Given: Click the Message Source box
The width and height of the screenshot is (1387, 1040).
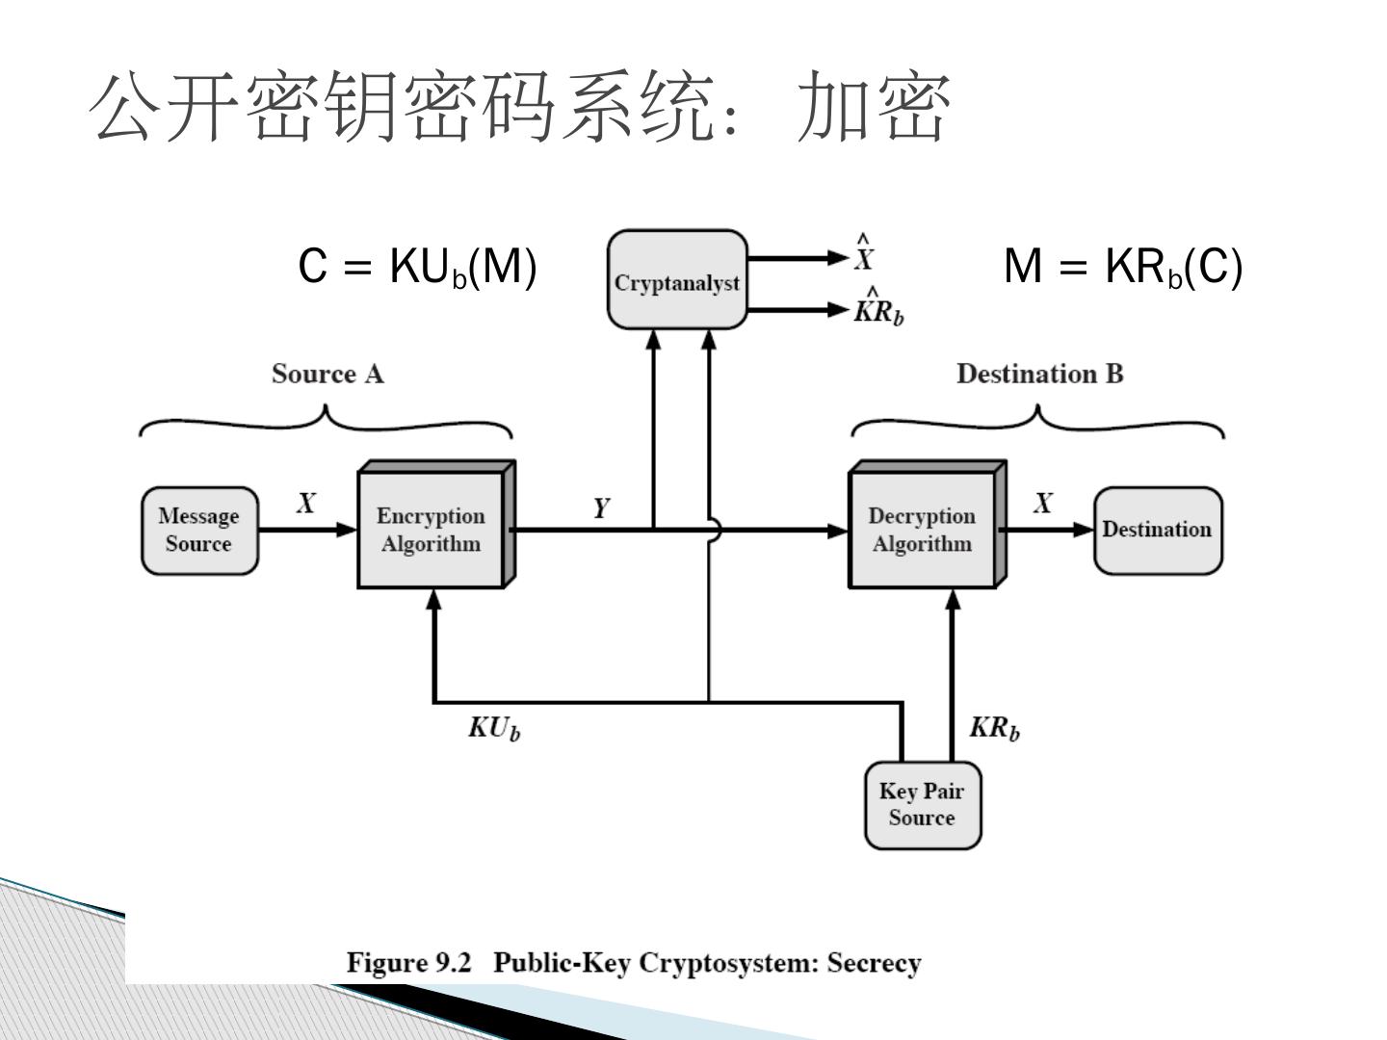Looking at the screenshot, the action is (x=199, y=531).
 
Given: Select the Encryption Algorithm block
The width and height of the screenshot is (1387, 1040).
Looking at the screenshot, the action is (x=436, y=525).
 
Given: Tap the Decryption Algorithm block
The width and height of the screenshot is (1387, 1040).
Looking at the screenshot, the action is (x=927, y=525).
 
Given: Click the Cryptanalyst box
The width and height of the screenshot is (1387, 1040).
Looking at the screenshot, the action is (x=677, y=279).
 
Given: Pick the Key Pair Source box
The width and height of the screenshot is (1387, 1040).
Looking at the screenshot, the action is (x=923, y=805).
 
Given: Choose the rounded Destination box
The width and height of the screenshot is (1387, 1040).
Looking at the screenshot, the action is (x=1158, y=531).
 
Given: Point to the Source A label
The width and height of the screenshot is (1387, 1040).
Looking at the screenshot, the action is (x=327, y=374).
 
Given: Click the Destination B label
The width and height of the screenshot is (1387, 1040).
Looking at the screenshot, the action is (x=1040, y=374).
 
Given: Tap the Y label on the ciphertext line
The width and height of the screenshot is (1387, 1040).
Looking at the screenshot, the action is (x=602, y=507).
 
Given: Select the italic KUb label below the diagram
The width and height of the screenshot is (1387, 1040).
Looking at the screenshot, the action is (x=494, y=728).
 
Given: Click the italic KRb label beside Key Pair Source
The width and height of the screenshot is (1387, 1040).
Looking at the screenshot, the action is (x=995, y=728).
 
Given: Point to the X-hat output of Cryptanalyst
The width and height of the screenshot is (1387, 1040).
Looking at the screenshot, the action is (x=864, y=253).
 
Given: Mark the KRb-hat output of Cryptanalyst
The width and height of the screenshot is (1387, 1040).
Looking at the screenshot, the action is (x=879, y=306).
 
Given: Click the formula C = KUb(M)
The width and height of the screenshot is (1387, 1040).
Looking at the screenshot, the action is (x=417, y=267).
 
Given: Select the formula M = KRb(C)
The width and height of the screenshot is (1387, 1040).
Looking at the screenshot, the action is (x=1123, y=267).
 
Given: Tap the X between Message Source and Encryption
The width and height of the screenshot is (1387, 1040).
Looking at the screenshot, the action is (x=306, y=504).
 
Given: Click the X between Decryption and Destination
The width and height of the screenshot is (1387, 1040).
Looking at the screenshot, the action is (x=1043, y=504).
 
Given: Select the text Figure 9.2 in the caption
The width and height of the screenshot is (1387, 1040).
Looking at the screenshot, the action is (x=408, y=963).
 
